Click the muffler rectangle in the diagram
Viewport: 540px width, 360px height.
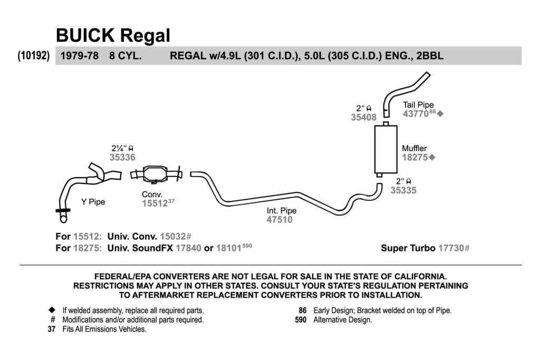click(385, 149)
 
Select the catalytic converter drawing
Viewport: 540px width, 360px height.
click(156, 174)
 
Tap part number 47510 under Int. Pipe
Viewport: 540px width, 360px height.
click(279, 220)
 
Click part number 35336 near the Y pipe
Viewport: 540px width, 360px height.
click(122, 157)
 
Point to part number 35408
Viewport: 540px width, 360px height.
click(363, 118)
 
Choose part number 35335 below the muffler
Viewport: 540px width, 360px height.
click(403, 190)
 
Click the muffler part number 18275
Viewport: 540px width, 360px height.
click(415, 157)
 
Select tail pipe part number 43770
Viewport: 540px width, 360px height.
click(416, 113)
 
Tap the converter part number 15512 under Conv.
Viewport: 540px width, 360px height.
click(155, 203)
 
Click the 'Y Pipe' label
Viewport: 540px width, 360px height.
click(93, 202)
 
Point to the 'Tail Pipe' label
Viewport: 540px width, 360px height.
click(418, 105)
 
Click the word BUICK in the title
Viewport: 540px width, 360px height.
click(85, 35)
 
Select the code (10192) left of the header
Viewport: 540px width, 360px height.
click(33, 55)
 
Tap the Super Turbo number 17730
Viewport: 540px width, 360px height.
click(451, 248)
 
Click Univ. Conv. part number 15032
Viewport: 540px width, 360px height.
click(172, 237)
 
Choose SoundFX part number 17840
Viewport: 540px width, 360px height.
click(188, 248)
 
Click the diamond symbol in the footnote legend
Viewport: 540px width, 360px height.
click(52, 310)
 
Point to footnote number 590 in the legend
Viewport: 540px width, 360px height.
click(300, 320)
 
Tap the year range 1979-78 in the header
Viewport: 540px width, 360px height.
click(80, 56)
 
